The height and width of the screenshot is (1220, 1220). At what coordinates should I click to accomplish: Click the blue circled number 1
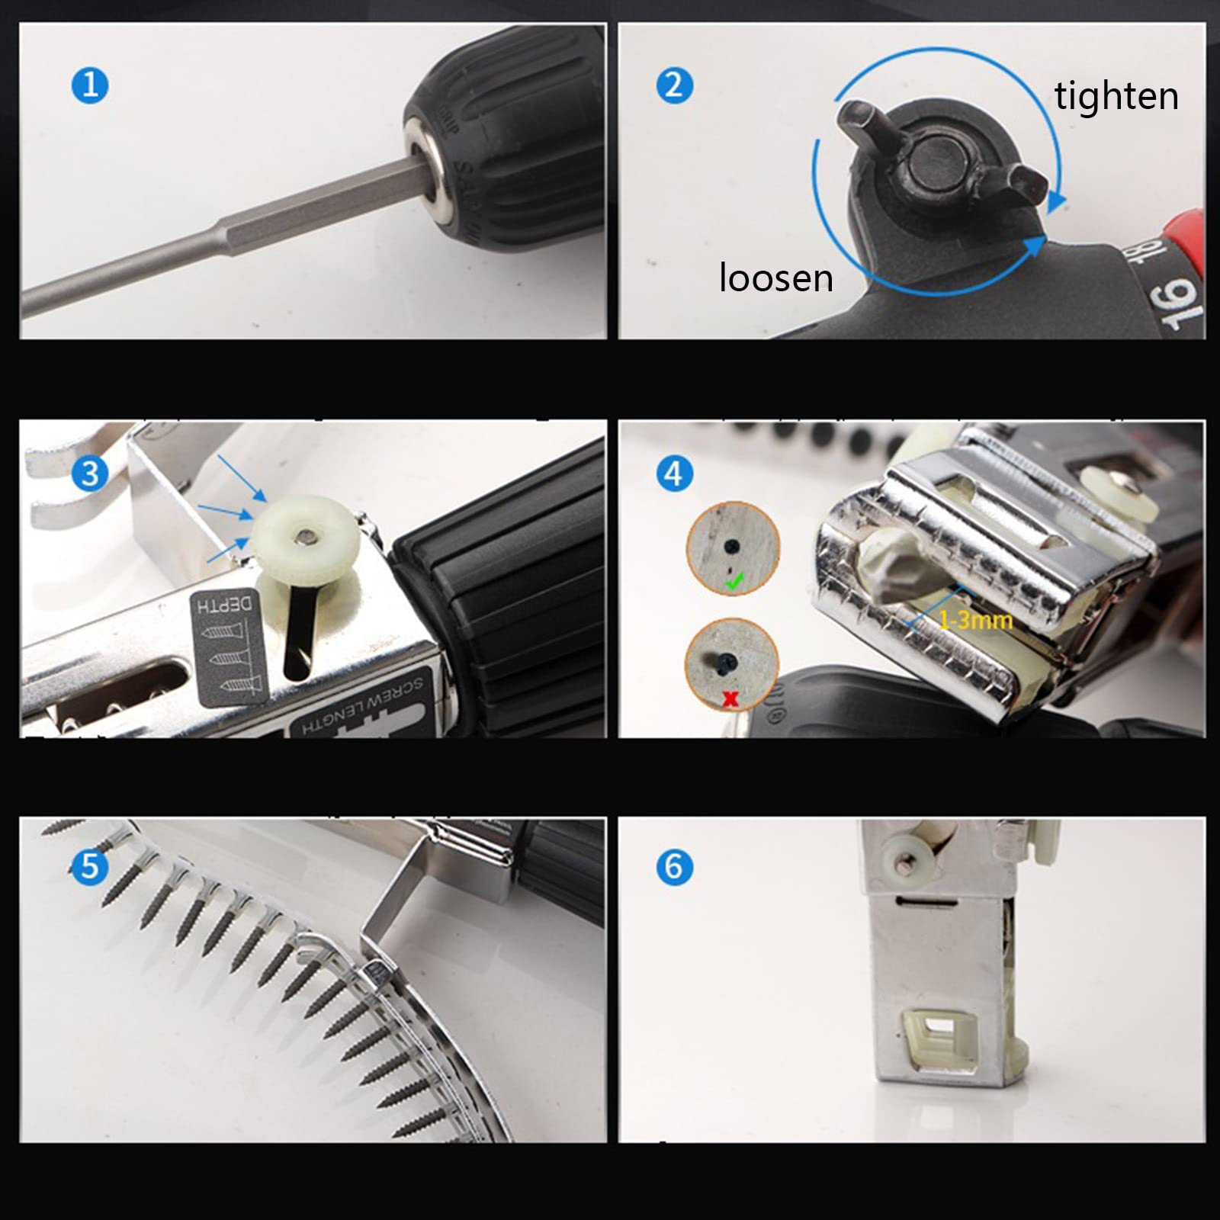coord(90,85)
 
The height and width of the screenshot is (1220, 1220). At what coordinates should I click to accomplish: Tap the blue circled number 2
coord(674,85)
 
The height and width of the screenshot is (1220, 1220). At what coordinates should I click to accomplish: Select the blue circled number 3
coord(90,474)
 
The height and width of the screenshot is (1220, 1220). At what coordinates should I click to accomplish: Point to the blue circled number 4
coord(674,474)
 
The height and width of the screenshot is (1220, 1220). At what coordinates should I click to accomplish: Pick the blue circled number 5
coord(90,866)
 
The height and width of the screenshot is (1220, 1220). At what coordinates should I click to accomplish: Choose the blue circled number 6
coord(674,866)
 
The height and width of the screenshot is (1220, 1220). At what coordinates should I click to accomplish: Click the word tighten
coord(1116,97)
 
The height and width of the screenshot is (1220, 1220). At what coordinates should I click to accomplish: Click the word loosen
coord(775,278)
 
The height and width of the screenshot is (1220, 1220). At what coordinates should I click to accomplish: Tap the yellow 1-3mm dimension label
coord(975,620)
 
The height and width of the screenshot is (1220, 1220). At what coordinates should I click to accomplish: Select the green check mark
coord(734,583)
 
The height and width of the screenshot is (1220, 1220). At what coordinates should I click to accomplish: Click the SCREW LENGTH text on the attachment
coord(364,709)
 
